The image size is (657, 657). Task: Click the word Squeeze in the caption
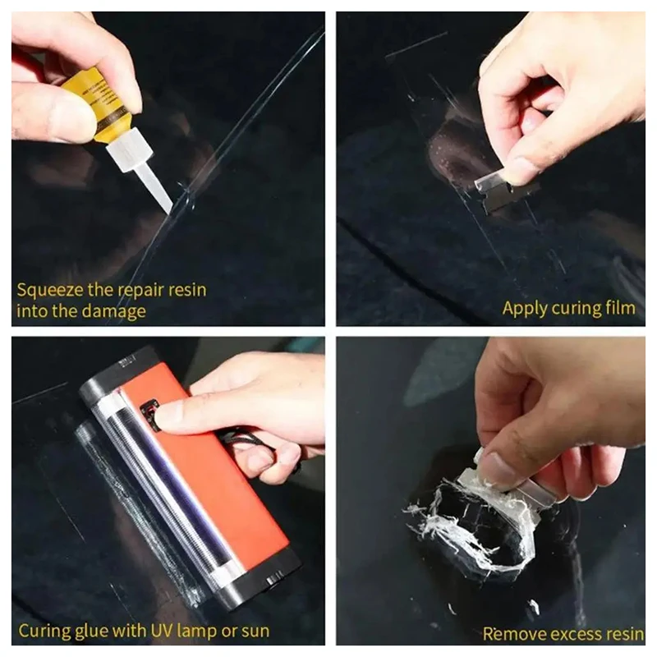[48, 290]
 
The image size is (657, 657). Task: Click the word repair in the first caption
[147, 290]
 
